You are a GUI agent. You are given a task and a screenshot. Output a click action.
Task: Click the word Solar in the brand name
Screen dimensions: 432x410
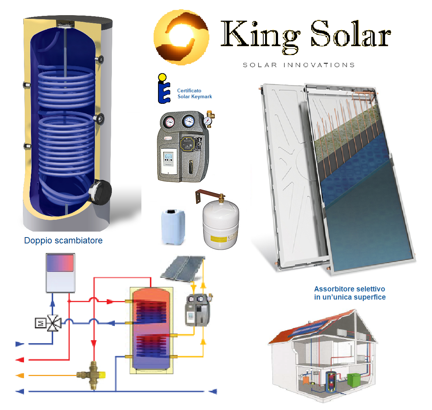351,34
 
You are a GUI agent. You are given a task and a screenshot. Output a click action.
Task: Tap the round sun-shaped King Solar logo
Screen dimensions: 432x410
181,37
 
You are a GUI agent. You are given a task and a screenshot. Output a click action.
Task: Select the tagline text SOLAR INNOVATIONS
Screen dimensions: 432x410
299,65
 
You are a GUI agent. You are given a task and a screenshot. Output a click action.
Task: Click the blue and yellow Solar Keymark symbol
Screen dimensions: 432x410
163,88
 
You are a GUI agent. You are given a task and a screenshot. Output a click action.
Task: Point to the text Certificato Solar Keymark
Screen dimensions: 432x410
195,94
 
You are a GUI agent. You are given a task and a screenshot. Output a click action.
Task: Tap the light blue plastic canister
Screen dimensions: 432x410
173,227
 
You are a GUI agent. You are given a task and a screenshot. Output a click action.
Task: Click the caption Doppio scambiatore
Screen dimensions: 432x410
64,240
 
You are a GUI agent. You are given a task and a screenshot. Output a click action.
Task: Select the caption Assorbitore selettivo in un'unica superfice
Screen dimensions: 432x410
350,293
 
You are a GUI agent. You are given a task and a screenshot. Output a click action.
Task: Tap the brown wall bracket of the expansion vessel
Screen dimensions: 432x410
209,195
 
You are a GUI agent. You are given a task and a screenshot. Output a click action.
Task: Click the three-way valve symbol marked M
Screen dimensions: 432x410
48,323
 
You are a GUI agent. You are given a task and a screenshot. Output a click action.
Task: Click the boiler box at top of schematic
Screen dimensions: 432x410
60,273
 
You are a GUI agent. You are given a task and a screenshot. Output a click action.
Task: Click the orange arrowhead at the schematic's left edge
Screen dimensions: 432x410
20,376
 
